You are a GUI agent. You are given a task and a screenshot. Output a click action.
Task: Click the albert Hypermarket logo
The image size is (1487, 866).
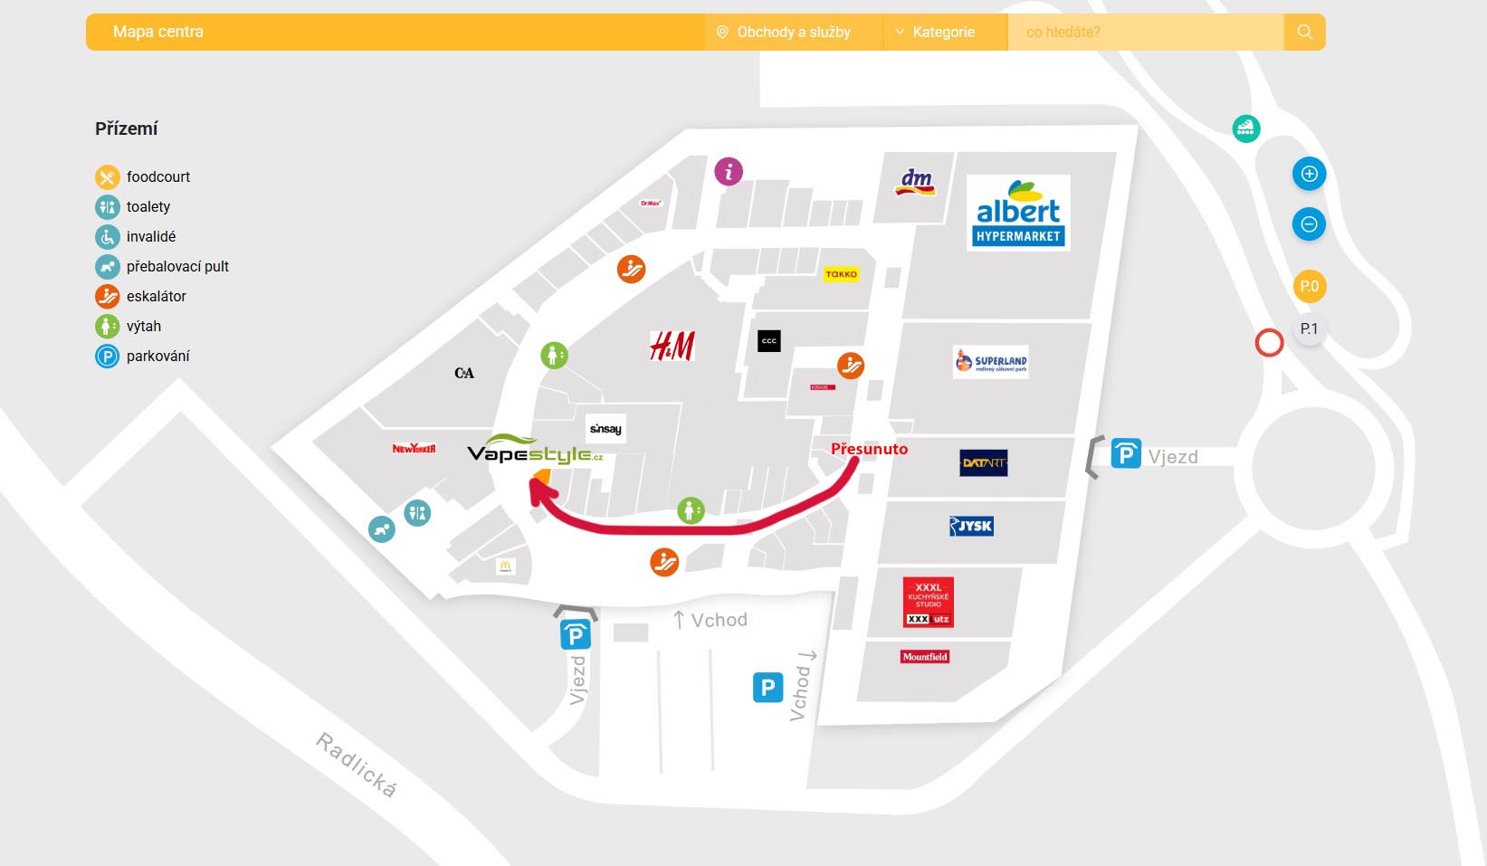1018,213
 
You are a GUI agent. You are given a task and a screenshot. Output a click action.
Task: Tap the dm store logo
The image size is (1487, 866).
916,182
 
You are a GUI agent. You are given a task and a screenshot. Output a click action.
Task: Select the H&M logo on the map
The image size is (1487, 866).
672,346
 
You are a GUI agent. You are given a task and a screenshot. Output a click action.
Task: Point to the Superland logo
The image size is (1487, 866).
991,362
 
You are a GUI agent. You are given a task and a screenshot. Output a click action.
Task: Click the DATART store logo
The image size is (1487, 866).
984,463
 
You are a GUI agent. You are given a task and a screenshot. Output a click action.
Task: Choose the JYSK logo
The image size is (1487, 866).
971,526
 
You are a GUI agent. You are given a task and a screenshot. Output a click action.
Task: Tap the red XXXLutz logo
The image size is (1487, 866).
929,603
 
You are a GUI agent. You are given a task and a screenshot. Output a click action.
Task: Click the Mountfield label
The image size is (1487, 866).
925,657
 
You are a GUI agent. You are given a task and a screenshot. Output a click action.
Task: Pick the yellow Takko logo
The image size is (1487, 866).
841,274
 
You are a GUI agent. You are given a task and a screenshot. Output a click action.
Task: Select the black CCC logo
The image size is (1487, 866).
769,341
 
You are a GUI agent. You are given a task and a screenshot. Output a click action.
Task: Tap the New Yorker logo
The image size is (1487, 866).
414,449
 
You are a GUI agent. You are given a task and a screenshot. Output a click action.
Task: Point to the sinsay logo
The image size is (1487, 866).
605,429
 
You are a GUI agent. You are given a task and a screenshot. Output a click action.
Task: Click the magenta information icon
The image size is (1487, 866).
729,171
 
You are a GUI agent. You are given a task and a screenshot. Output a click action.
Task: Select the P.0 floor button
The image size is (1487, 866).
1310,287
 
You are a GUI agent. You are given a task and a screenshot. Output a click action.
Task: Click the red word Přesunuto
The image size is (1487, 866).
869,449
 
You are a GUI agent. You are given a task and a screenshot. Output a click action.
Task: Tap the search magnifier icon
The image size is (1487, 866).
1304,32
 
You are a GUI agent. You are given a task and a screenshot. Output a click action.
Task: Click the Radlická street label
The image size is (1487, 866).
356,765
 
